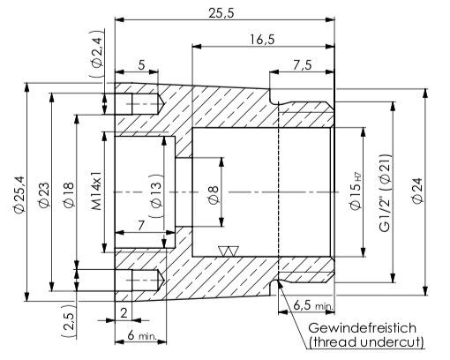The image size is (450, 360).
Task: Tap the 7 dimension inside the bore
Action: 142,225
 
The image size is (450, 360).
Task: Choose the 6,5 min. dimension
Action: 311,304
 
